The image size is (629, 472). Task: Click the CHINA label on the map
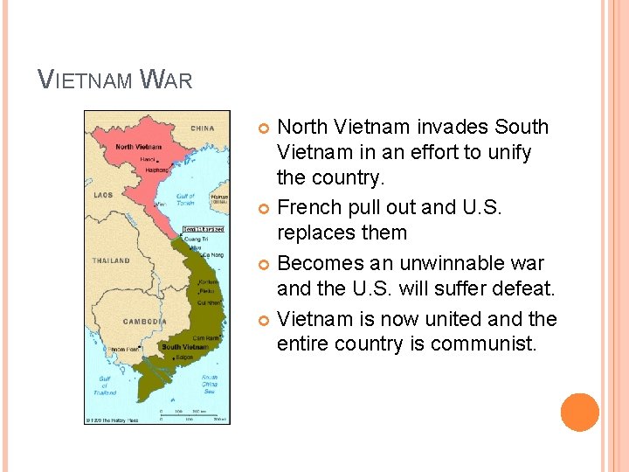click(202, 128)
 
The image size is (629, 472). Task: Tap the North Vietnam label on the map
click(137, 147)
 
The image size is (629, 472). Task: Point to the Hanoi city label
click(149, 159)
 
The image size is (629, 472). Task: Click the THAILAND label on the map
click(111, 260)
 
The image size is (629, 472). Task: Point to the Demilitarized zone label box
click(203, 229)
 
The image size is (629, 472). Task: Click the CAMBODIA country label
click(144, 322)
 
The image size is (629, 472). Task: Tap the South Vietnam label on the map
click(183, 347)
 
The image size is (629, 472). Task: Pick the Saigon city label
click(184, 357)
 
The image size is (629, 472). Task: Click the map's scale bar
click(193, 414)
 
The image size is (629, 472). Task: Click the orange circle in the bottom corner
click(580, 413)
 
